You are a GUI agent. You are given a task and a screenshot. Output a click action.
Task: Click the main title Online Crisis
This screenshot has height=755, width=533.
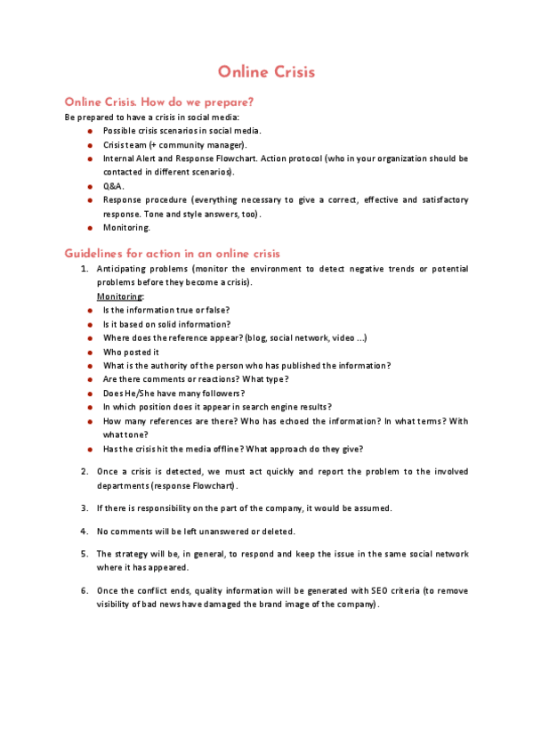pos(266,72)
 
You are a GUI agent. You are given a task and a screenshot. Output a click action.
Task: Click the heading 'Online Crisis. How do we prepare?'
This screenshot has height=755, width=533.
pos(159,102)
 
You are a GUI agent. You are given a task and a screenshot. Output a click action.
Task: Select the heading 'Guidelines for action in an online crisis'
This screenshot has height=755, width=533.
pos(173,254)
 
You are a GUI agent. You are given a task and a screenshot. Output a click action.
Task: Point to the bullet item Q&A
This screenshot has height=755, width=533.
pos(113,186)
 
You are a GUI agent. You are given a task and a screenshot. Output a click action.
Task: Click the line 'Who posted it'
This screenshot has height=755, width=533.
pos(131,352)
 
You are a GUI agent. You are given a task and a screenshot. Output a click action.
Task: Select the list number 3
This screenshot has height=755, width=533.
pos(84,508)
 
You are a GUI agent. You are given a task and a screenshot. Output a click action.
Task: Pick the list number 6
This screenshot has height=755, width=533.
pos(84,590)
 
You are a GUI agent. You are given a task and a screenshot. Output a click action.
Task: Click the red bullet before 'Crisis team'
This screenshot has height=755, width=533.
pos(90,144)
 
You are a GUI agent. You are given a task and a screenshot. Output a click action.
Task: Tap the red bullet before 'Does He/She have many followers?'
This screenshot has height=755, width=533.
pos(90,394)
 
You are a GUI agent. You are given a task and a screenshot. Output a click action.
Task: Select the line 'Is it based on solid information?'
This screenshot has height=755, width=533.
pos(166,324)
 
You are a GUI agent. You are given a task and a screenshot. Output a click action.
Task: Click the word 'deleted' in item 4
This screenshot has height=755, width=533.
pos(278,532)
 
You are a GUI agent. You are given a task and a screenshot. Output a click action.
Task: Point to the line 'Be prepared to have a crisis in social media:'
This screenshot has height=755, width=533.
pos(151,118)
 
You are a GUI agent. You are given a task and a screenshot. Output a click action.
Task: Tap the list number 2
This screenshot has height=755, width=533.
pos(84,471)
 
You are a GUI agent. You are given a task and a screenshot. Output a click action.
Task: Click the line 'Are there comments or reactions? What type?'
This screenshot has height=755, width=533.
pos(196,379)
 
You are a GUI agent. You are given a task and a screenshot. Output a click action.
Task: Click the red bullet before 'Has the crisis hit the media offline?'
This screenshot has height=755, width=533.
pos(90,449)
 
